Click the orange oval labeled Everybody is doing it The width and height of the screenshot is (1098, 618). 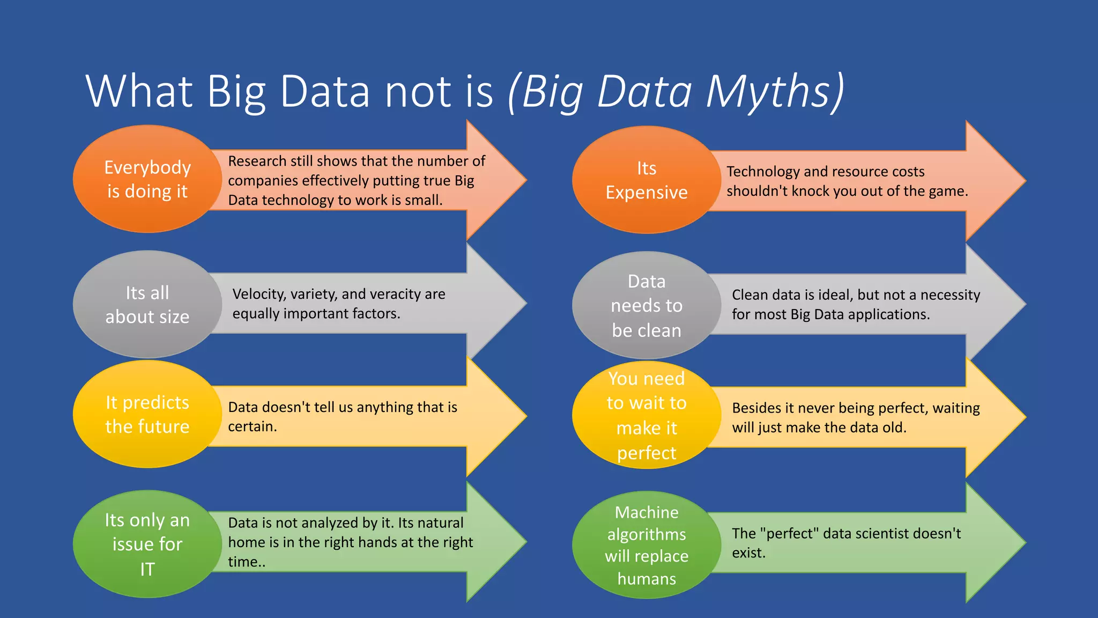click(147, 179)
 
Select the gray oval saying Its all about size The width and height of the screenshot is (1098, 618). click(147, 305)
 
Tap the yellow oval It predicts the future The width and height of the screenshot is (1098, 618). click(147, 414)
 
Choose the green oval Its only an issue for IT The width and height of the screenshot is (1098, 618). click(147, 544)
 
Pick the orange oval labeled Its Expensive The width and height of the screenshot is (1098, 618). click(647, 180)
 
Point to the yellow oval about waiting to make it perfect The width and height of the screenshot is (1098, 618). click(647, 415)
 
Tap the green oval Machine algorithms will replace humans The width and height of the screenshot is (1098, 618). click(647, 545)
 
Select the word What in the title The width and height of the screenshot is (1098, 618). click(139, 91)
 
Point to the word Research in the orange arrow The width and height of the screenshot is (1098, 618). click(257, 161)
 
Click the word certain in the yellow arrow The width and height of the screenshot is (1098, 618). click(251, 426)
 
